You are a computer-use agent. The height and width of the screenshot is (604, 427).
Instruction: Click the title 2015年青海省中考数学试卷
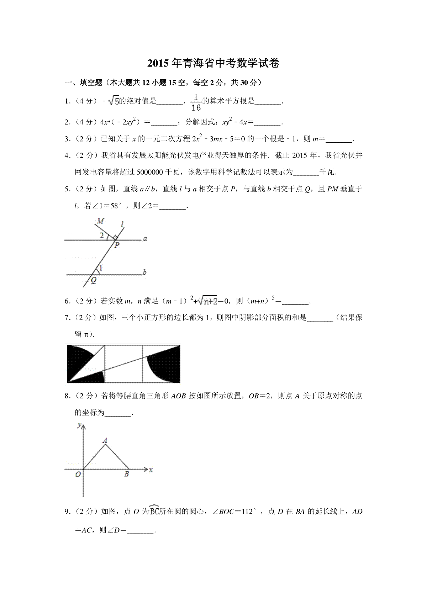[x=213, y=63]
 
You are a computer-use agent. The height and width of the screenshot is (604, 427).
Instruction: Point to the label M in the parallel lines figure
[x=101, y=221]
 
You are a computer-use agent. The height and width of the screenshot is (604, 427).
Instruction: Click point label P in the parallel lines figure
[x=117, y=245]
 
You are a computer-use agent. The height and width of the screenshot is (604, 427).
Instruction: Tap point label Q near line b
[x=94, y=280]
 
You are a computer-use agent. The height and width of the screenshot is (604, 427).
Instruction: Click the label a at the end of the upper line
[x=145, y=239]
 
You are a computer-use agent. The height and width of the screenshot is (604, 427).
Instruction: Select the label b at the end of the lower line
[x=144, y=273]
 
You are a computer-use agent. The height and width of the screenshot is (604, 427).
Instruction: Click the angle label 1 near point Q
[x=101, y=269]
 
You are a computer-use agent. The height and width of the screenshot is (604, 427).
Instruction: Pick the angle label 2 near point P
[x=102, y=235]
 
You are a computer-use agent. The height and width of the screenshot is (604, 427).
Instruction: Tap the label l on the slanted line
[x=122, y=224]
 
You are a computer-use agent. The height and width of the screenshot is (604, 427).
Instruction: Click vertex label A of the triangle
[x=105, y=441]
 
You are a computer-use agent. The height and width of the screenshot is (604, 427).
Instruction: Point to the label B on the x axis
[x=126, y=474]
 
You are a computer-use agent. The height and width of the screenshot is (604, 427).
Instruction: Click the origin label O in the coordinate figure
[x=78, y=475]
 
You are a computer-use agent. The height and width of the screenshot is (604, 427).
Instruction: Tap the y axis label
[x=79, y=425]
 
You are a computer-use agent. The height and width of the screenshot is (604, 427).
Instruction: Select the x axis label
[x=151, y=470]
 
